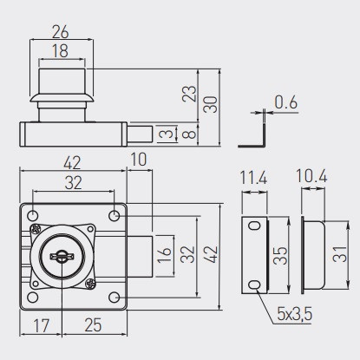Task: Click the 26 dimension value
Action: click(x=61, y=32)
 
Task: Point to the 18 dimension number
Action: click(x=60, y=51)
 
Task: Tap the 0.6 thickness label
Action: click(x=285, y=102)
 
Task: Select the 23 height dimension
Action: click(x=189, y=94)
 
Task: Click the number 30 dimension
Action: click(x=210, y=105)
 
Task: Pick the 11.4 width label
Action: click(x=254, y=177)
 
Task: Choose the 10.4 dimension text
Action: click(x=311, y=176)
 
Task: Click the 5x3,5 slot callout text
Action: click(x=295, y=314)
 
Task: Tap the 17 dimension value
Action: click(x=42, y=325)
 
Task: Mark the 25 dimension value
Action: click(x=93, y=324)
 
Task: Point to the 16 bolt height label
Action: click(x=164, y=255)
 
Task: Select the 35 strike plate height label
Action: click(x=280, y=256)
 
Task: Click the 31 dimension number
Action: click(x=339, y=254)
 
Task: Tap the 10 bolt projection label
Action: click(x=139, y=160)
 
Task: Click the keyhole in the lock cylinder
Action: click(x=62, y=257)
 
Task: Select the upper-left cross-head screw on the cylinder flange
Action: click(x=36, y=229)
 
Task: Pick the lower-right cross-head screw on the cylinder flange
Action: click(x=90, y=284)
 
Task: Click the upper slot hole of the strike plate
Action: click(x=255, y=226)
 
